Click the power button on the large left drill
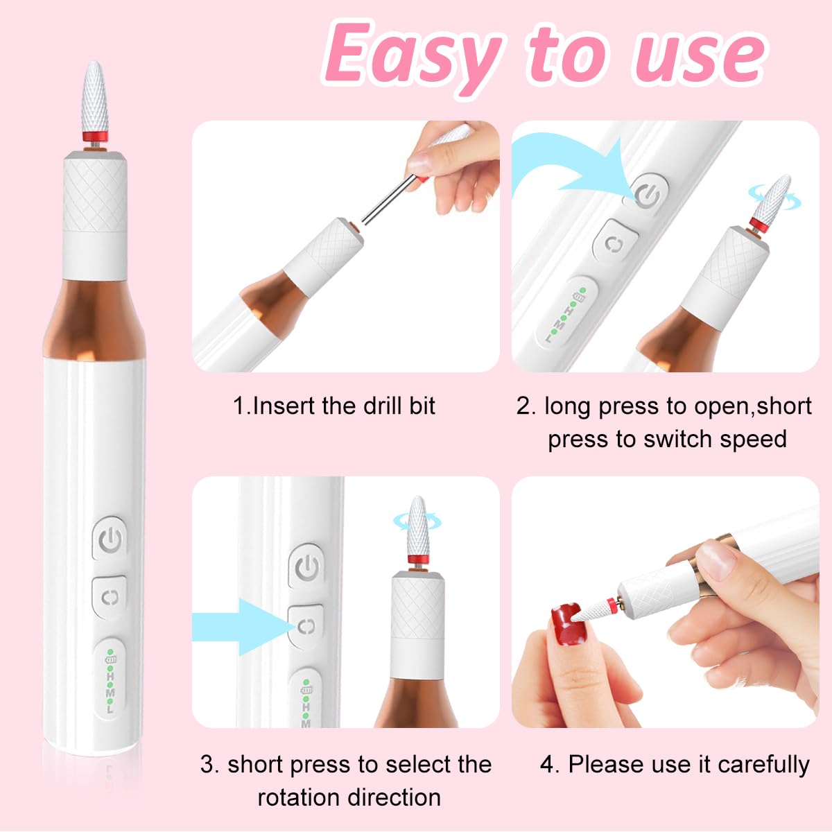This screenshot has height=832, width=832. pyautogui.click(x=110, y=539)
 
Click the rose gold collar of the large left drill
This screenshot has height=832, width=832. pyautogui.click(x=96, y=315)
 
